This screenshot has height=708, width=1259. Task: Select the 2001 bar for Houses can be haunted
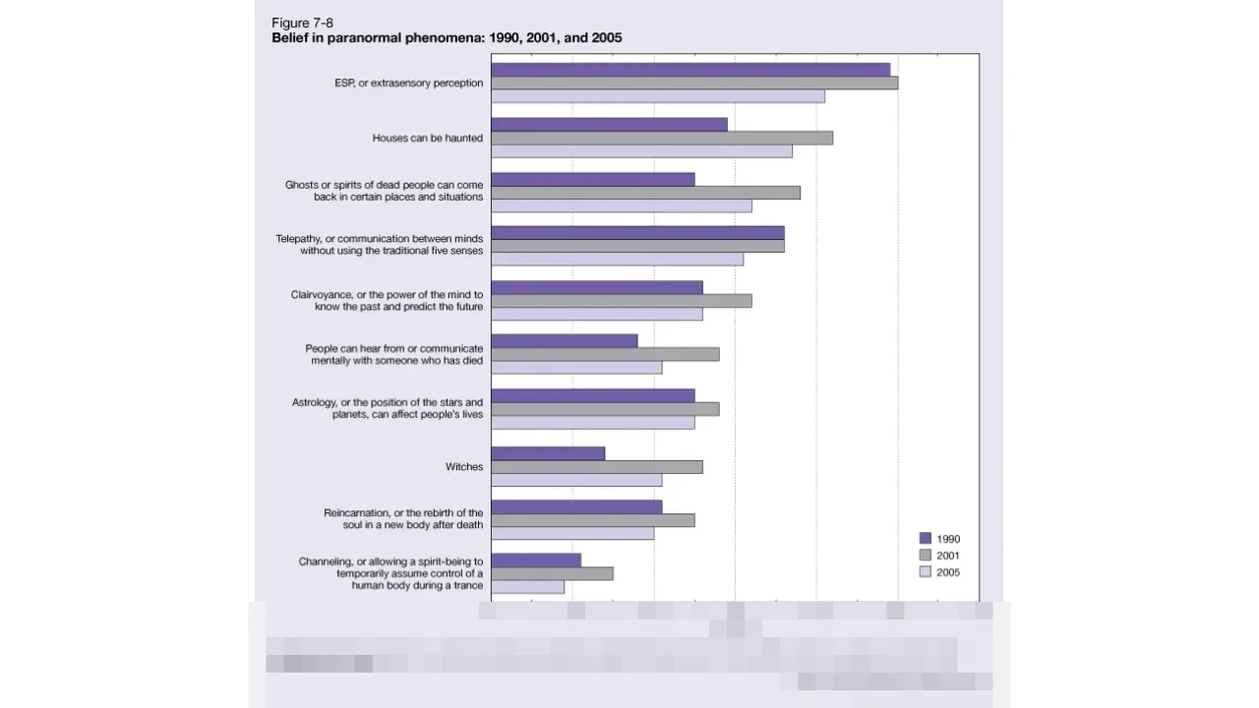pyautogui.click(x=662, y=138)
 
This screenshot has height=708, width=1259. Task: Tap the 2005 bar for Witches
pyautogui.click(x=576, y=480)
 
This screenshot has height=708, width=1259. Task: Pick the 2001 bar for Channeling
pyautogui.click(x=552, y=573)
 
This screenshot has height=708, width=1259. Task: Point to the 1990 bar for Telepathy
pyautogui.click(x=637, y=233)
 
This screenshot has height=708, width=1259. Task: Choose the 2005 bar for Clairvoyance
pyautogui.click(x=597, y=314)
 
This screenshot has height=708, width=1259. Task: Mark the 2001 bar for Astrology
pyautogui.click(x=605, y=409)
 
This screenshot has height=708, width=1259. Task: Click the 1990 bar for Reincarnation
pyautogui.click(x=576, y=506)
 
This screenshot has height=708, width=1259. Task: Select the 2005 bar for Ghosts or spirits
pyautogui.click(x=622, y=206)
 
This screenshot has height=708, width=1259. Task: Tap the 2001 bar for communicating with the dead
pyautogui.click(x=605, y=354)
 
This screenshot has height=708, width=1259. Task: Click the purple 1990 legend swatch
pyautogui.click(x=925, y=539)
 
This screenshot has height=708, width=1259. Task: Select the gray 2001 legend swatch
pyautogui.click(x=925, y=556)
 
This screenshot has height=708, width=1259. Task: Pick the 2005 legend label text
pyautogui.click(x=948, y=572)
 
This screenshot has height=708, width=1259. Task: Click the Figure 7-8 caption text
pyautogui.click(x=302, y=23)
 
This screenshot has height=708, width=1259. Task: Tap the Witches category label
pyautogui.click(x=464, y=467)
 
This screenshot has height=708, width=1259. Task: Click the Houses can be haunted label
pyautogui.click(x=427, y=139)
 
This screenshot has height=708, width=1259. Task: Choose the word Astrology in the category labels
pyautogui.click(x=314, y=403)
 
